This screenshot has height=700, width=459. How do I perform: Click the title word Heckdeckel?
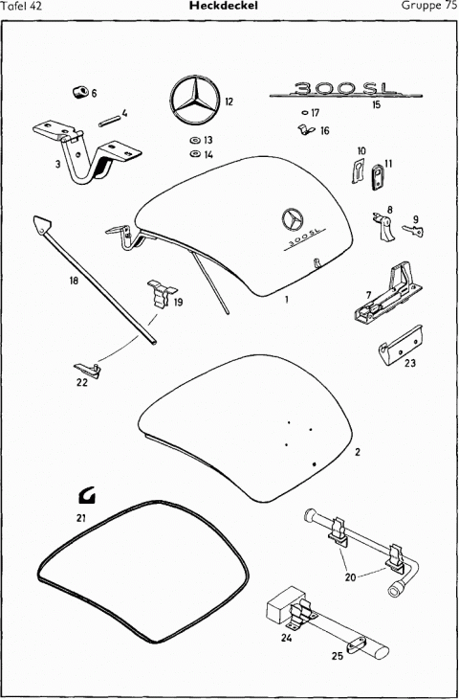(x=223, y=6)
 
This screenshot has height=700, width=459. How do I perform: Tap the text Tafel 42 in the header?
(x=22, y=6)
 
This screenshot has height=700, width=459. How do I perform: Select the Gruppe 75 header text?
(x=428, y=6)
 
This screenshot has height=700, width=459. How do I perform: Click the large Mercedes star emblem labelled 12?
(x=195, y=100)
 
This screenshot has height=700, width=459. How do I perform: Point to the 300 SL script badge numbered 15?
(x=346, y=90)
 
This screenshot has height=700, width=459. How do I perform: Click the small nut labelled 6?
(x=79, y=93)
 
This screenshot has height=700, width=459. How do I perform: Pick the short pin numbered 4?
(x=109, y=121)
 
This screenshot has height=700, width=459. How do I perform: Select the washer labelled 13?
(x=195, y=141)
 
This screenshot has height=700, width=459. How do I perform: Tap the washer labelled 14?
(x=195, y=154)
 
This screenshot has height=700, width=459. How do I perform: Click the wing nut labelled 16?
(x=306, y=129)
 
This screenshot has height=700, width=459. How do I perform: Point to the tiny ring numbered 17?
(x=305, y=113)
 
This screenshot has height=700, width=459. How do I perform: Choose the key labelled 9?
(x=413, y=231)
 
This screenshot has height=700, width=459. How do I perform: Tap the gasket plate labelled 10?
(x=358, y=170)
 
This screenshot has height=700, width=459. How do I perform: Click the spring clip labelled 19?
(x=162, y=293)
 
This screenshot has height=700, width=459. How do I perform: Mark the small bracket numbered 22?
(x=87, y=370)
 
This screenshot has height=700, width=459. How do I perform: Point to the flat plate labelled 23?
(x=400, y=346)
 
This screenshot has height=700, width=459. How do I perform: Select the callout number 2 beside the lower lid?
(x=358, y=452)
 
